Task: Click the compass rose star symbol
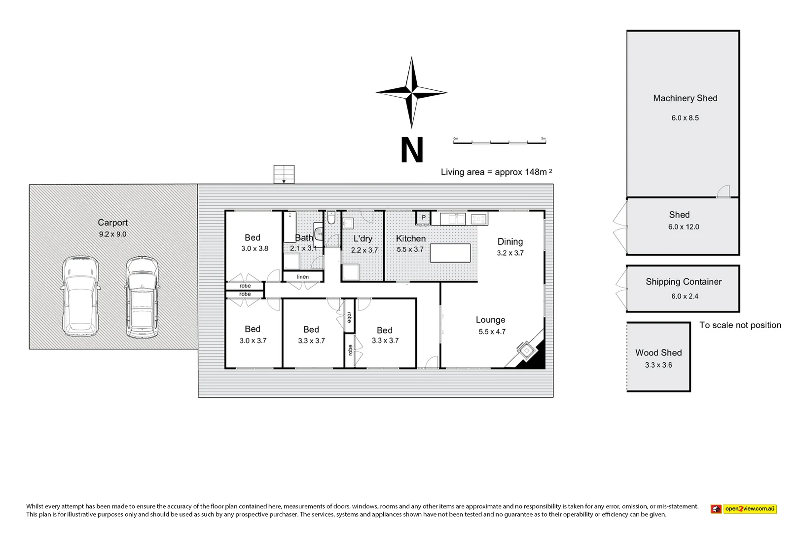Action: click(411, 92)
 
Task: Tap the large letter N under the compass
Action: click(412, 150)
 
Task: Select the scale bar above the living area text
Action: click(499, 142)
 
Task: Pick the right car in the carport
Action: click(142, 297)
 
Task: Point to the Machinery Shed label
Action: click(685, 98)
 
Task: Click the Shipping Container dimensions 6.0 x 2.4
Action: click(685, 296)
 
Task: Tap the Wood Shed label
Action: click(658, 352)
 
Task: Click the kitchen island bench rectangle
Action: click(450, 253)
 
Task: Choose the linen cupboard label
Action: click(303, 277)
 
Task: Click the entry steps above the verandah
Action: click(284, 174)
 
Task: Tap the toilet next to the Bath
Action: click(331, 218)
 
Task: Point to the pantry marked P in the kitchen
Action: click(423, 217)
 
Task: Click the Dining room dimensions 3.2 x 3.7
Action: click(510, 253)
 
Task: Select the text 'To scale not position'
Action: click(740, 325)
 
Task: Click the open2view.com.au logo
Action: click(744, 509)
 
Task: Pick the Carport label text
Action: click(112, 223)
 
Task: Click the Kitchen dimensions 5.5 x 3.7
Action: click(410, 249)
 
